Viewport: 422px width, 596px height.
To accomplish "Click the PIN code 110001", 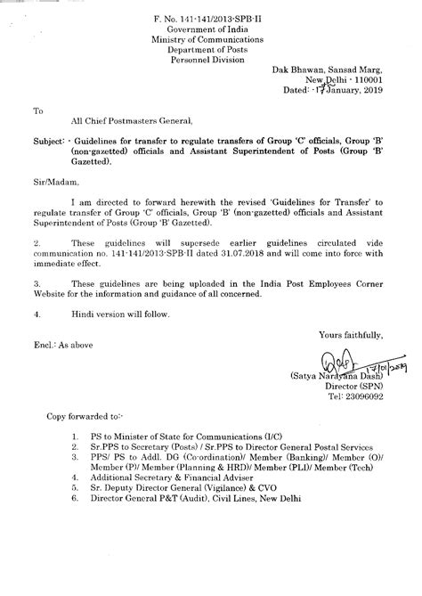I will click(x=367, y=79).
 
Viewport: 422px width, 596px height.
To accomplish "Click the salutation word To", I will click(x=37, y=111).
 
